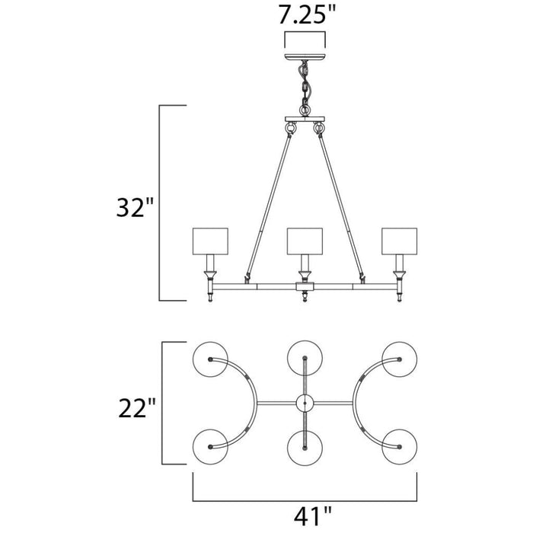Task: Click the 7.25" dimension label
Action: tap(306, 15)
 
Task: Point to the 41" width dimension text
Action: tap(312, 515)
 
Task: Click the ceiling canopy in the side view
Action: tap(305, 57)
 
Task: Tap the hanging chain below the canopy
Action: tap(305, 88)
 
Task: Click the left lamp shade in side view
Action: tap(210, 241)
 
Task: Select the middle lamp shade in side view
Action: tap(305, 241)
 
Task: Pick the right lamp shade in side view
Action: tap(400, 241)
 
